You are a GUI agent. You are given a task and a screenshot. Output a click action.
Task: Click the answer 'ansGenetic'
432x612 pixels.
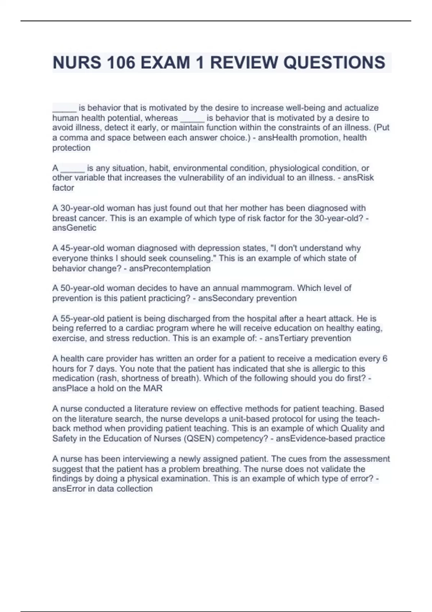point(74,228)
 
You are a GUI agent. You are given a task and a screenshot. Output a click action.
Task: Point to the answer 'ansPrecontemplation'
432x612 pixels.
point(170,269)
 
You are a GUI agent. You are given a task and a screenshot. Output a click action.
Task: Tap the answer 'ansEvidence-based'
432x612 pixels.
point(314,438)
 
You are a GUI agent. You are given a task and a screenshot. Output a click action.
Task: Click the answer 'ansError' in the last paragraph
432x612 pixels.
point(69,489)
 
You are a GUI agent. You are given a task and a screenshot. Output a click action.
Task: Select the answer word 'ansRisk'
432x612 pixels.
point(358,178)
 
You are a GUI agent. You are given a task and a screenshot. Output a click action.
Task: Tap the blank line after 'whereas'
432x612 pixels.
point(192,118)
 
